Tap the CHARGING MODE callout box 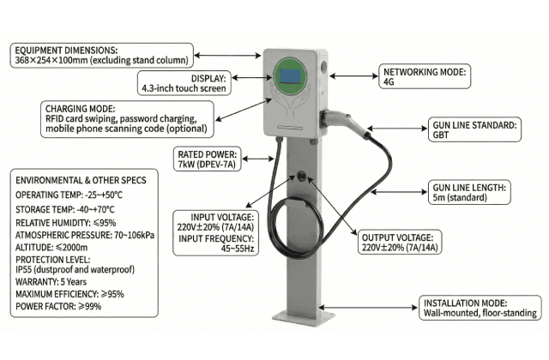point(125,118)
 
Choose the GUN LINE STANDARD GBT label point(474,130)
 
